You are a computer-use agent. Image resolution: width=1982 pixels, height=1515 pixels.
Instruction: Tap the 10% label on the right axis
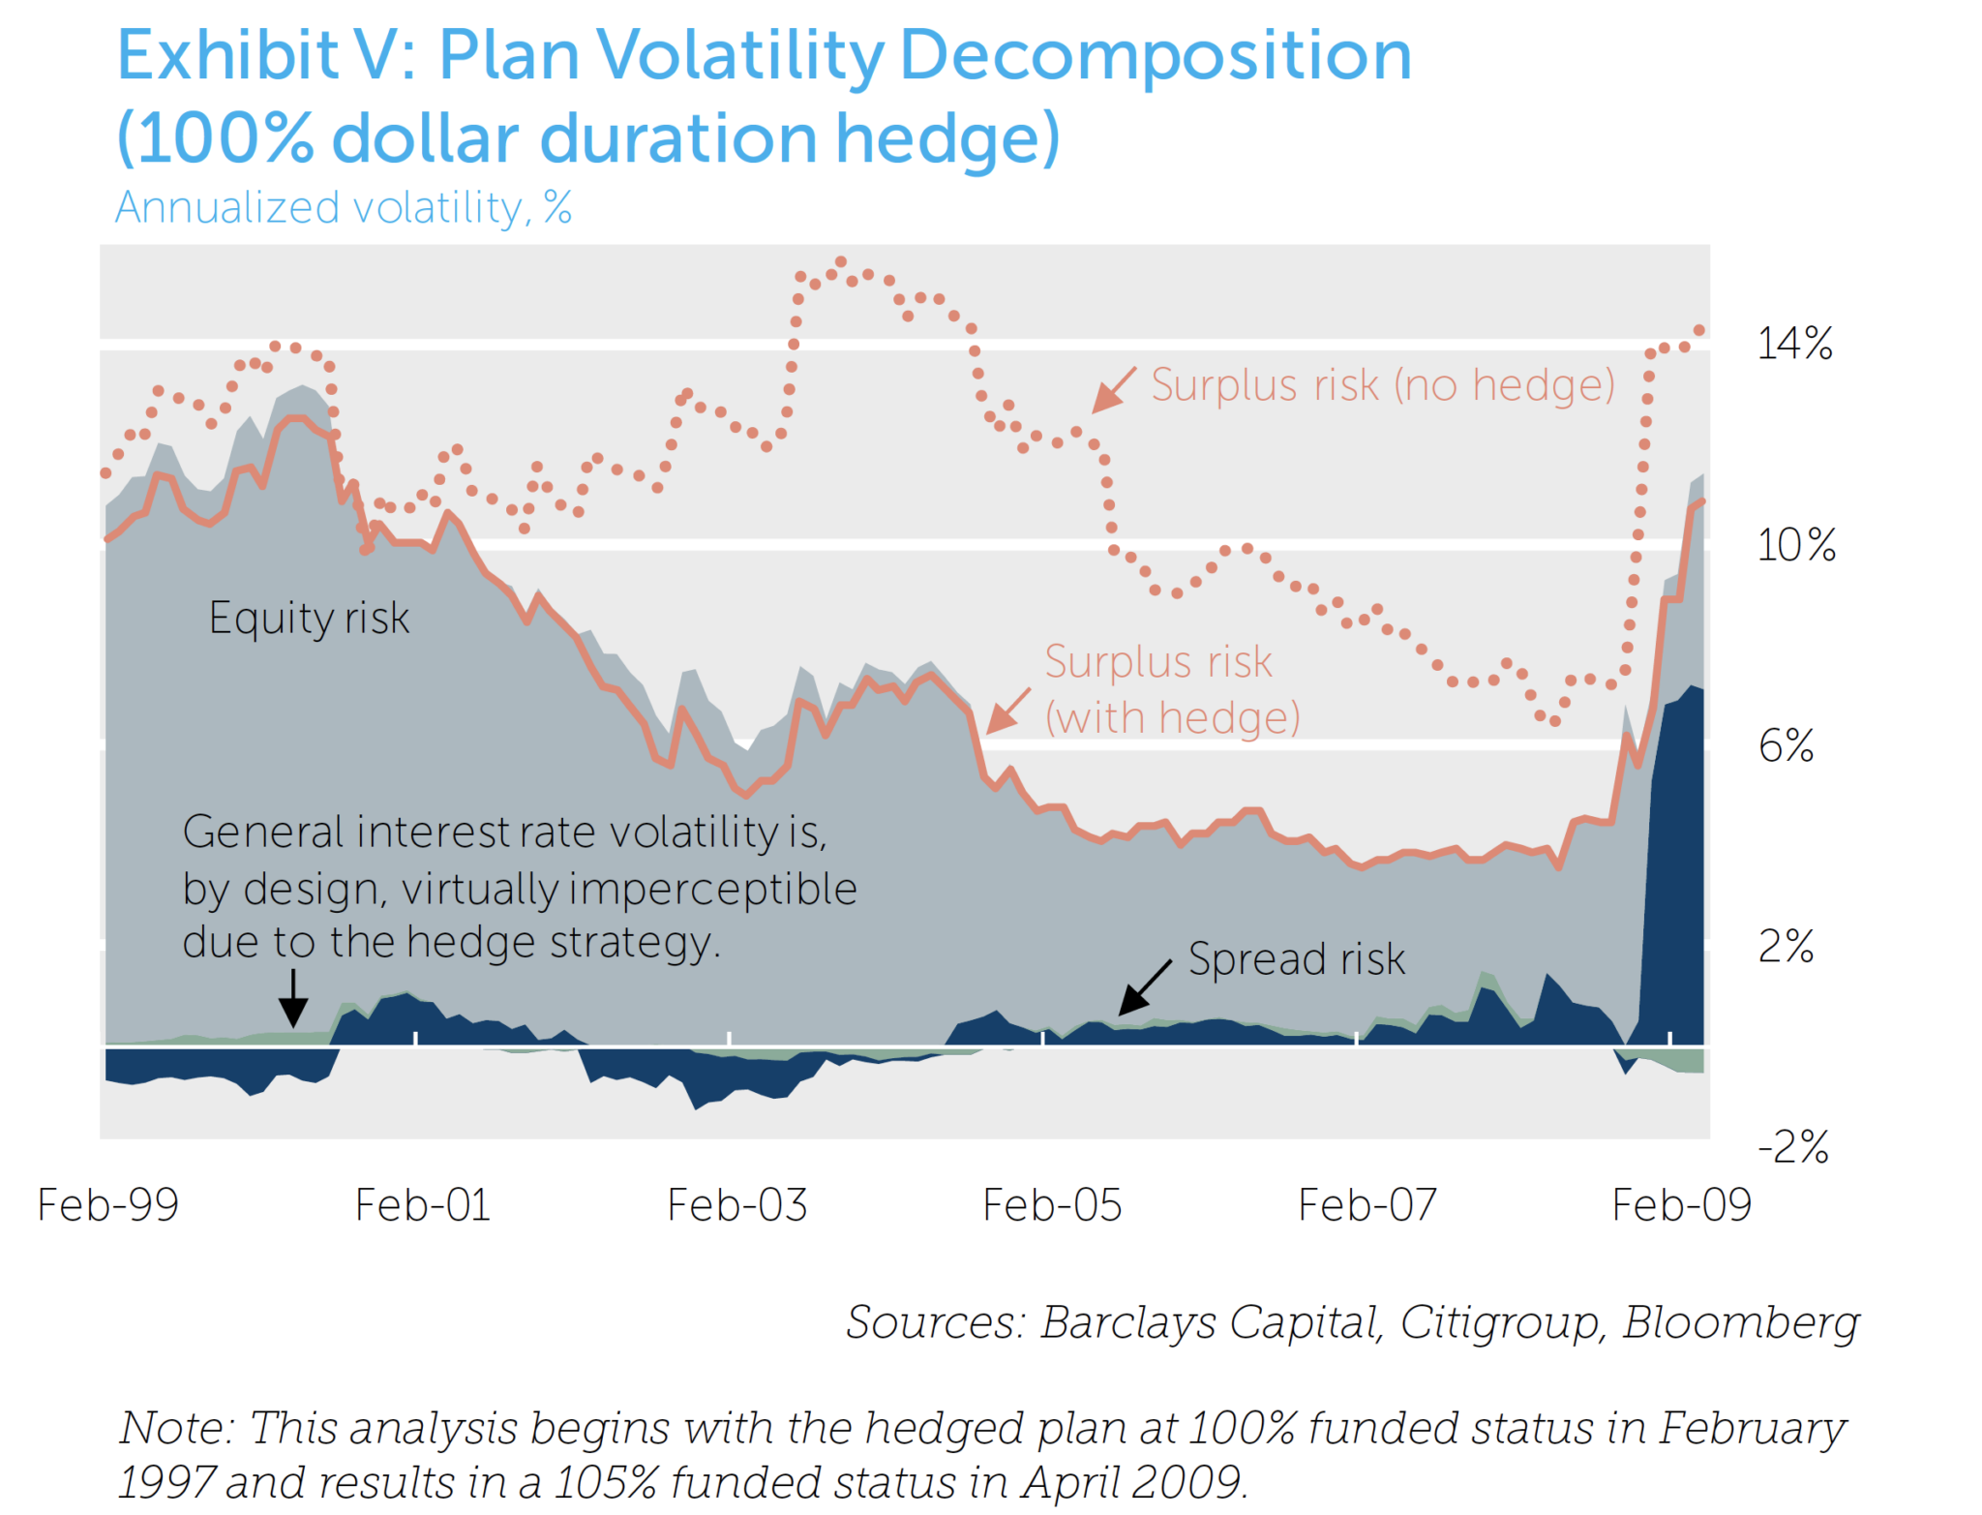[x=1795, y=545]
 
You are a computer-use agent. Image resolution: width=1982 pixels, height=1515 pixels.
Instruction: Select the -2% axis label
[x=1792, y=1147]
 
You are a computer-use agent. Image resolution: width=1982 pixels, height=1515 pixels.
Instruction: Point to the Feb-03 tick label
[x=736, y=1206]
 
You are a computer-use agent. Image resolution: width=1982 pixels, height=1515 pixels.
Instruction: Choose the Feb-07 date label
[x=1366, y=1206]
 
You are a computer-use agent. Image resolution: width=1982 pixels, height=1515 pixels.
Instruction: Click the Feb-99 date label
[x=107, y=1206]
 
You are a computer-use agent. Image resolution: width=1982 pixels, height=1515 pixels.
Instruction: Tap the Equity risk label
[x=309, y=619]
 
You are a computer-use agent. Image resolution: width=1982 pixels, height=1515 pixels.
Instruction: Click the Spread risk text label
[x=1296, y=959]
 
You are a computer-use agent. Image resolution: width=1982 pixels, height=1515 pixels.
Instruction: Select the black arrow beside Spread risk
[x=1144, y=988]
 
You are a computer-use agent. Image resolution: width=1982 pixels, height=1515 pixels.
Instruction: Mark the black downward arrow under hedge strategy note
[x=293, y=998]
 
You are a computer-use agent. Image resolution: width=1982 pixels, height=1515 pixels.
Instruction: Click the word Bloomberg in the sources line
[x=1740, y=1323]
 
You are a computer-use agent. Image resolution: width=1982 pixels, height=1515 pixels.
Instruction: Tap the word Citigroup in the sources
[x=1502, y=1323]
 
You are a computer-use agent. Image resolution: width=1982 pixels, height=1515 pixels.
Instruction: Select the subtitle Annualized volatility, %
[x=343, y=207]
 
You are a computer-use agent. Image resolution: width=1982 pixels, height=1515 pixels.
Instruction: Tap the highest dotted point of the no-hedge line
[x=840, y=262]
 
